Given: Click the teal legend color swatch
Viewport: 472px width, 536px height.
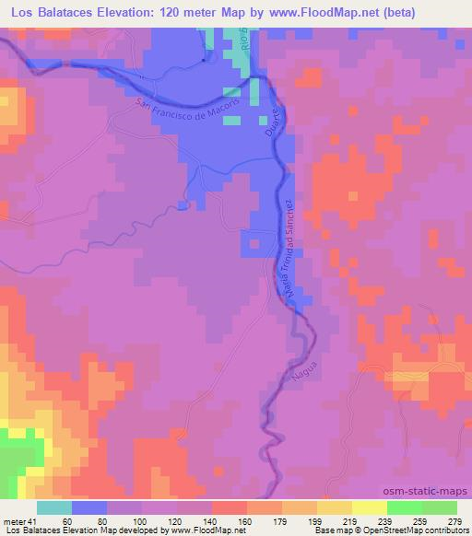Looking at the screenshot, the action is click(54, 507).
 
